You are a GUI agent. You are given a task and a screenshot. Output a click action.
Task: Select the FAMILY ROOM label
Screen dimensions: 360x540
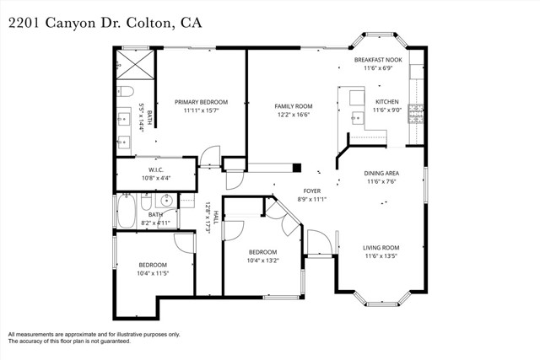293,106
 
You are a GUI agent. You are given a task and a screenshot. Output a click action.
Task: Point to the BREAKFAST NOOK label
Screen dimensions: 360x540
377,60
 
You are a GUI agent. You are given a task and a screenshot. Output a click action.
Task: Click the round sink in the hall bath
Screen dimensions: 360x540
165,201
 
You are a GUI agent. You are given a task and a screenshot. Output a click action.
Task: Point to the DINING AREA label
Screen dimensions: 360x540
381,174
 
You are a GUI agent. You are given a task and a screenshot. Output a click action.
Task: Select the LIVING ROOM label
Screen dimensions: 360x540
381,248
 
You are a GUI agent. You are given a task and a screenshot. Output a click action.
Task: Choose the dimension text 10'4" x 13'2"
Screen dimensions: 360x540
262,261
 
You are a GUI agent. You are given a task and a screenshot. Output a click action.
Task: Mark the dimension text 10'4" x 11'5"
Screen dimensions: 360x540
153,273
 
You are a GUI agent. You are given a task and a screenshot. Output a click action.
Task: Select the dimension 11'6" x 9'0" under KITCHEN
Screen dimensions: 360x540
386,110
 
